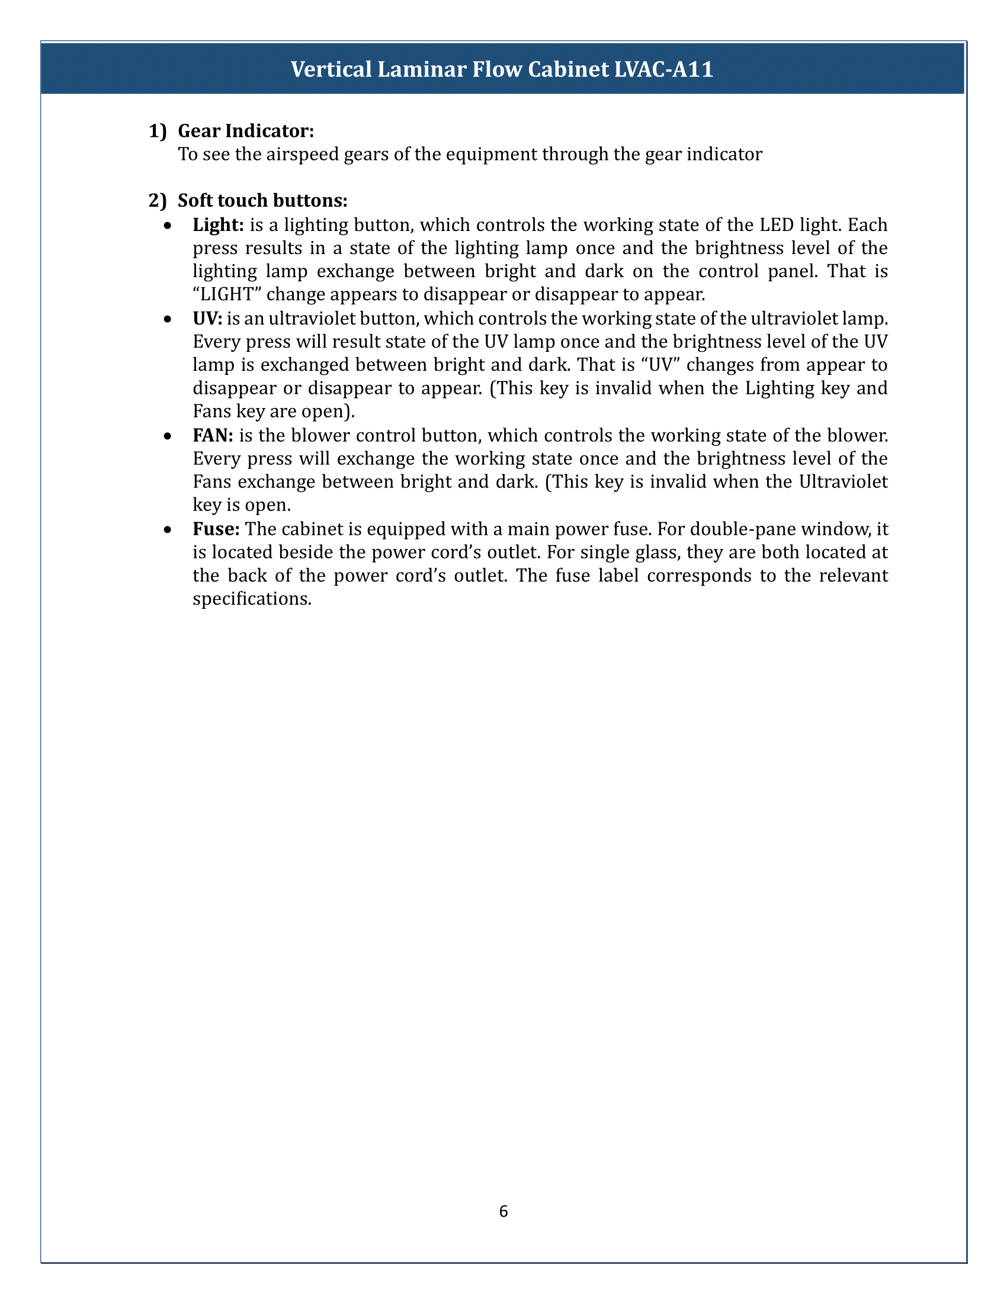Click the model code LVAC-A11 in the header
(x=663, y=70)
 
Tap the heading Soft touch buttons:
(x=262, y=200)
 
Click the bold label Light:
(x=219, y=225)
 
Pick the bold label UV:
(x=207, y=319)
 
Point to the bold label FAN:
(x=213, y=435)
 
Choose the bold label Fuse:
(x=216, y=529)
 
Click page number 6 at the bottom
(x=503, y=1211)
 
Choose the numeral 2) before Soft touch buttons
(x=158, y=200)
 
